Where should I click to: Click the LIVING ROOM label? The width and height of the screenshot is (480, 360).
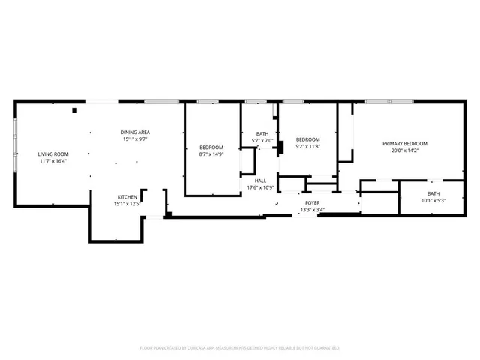tap(53, 154)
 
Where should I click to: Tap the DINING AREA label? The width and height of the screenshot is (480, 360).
tap(135, 132)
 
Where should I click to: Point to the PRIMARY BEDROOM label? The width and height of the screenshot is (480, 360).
tap(405, 144)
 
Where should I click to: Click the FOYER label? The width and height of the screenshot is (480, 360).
tap(312, 203)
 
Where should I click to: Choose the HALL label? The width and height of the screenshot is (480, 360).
tap(260, 181)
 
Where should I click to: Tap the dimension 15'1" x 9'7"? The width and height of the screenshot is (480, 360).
tap(135, 139)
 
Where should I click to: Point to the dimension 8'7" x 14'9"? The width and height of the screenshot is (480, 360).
tap(211, 154)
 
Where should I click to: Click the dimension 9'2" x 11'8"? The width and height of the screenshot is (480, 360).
tap(307, 147)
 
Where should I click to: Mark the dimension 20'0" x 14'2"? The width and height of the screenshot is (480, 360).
tap(405, 151)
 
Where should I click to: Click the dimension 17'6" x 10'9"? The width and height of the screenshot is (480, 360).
tap(260, 187)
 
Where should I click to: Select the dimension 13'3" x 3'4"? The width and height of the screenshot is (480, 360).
tap(312, 210)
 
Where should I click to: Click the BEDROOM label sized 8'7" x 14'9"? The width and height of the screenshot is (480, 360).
tap(211, 147)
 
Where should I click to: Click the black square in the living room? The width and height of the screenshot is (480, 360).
tap(75, 110)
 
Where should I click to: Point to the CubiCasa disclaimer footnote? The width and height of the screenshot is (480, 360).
tap(240, 348)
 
